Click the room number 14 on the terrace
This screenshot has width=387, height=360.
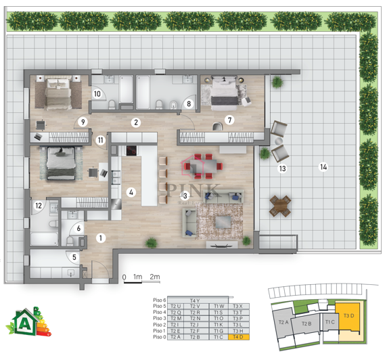click(x=323, y=166)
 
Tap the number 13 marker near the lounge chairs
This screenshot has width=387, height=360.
click(x=282, y=168)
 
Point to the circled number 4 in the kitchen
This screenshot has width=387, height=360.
click(x=131, y=192)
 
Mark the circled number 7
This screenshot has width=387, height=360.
click(x=230, y=120)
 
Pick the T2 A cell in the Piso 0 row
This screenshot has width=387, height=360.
click(x=176, y=336)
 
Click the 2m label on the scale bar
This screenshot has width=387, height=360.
click(x=154, y=277)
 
